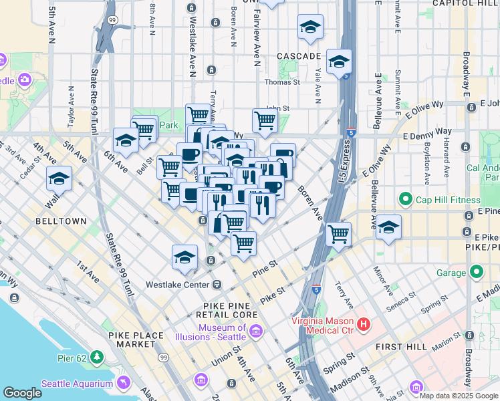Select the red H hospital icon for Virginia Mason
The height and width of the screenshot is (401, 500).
pyautogui.click(x=364, y=325)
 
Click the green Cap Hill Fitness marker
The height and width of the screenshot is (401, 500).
pyautogui.click(x=405, y=200)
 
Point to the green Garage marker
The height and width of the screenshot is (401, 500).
pyautogui.click(x=476, y=273)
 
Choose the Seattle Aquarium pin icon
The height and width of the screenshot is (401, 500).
pyautogui.click(x=122, y=383)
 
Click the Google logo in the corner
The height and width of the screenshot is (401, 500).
pyautogui.click(x=23, y=393)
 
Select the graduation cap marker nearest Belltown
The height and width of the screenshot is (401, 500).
pyautogui.click(x=59, y=179)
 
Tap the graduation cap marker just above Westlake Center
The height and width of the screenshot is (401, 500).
pyautogui.click(x=185, y=257)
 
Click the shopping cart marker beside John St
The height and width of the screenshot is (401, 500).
pyautogui.click(x=265, y=120)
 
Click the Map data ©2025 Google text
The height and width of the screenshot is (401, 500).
pyautogui.click(x=459, y=396)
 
